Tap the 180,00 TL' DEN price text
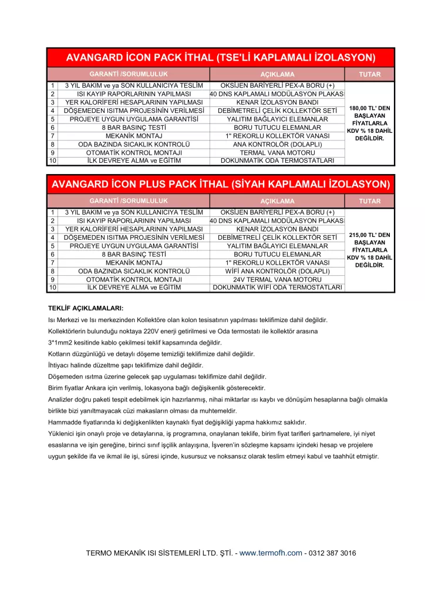click(x=369, y=108)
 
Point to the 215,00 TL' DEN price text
click(x=369, y=235)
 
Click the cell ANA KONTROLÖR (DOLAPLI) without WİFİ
click(x=277, y=144)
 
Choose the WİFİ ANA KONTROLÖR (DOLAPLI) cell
click(x=277, y=271)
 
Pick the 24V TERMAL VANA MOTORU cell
click(x=277, y=279)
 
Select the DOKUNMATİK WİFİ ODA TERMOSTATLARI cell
click(x=277, y=287)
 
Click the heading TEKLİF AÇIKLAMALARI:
click(x=86, y=307)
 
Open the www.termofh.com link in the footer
click(x=270, y=553)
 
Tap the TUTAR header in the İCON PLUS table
click(x=369, y=201)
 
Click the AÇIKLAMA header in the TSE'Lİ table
click(x=277, y=75)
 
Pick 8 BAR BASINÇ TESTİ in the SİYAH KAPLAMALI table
click(x=133, y=255)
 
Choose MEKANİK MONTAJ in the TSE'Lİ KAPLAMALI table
click(x=133, y=136)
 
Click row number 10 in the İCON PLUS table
click(x=53, y=287)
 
